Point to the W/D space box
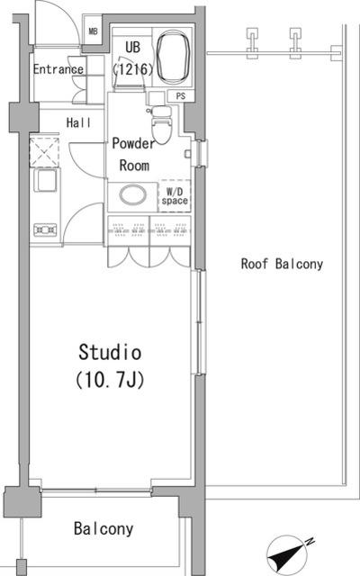174,195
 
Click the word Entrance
58,69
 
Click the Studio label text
111,350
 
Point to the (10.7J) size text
111,379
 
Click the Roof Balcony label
282,264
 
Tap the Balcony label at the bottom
104,528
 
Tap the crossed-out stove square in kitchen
43,149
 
